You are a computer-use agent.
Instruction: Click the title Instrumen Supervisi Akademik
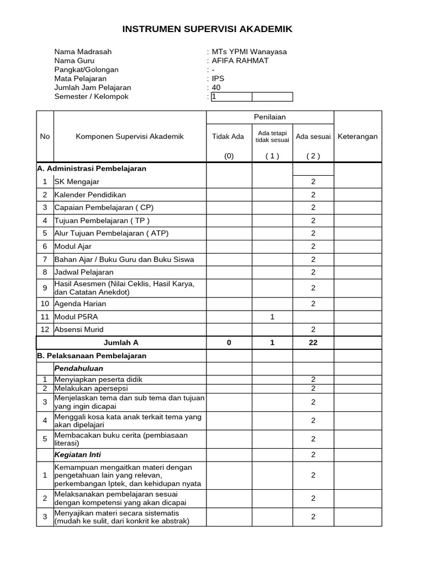tap(207, 29)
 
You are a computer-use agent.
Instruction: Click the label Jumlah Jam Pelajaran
tap(93, 88)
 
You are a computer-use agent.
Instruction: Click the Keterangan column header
tap(357, 137)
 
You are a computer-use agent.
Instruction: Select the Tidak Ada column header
tap(228, 137)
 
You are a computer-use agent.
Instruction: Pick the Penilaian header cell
tap(269, 117)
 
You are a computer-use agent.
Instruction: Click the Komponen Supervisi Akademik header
tap(130, 137)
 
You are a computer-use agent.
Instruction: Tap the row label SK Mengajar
tap(77, 182)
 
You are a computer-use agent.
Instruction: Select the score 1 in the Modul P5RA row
tap(272, 317)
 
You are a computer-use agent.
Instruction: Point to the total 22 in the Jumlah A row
tap(313, 343)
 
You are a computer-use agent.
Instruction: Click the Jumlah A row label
tap(121, 343)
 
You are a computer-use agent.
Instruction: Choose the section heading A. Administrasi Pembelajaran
tap(92, 169)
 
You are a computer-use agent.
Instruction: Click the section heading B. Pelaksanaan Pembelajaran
tap(92, 356)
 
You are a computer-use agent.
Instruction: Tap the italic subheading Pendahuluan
tap(78, 368)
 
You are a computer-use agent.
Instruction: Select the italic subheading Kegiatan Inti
tap(77, 455)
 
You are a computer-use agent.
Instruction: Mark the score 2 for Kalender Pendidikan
tap(313, 195)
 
